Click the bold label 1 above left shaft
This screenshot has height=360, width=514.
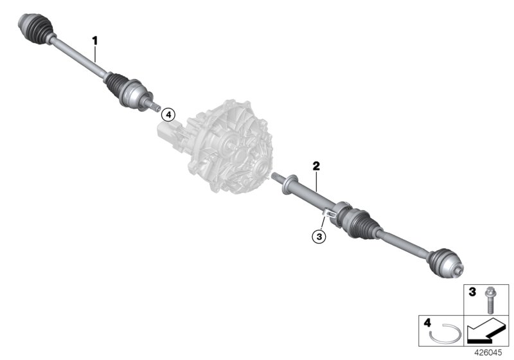click(x=95, y=40)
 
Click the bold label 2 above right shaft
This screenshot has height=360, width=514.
click(x=315, y=166)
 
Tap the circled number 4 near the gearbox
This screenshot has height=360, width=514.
click(x=168, y=114)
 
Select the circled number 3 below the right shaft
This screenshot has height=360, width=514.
click(x=319, y=237)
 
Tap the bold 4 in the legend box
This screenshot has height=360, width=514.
click(x=427, y=323)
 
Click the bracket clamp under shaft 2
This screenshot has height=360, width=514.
click(x=330, y=212)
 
